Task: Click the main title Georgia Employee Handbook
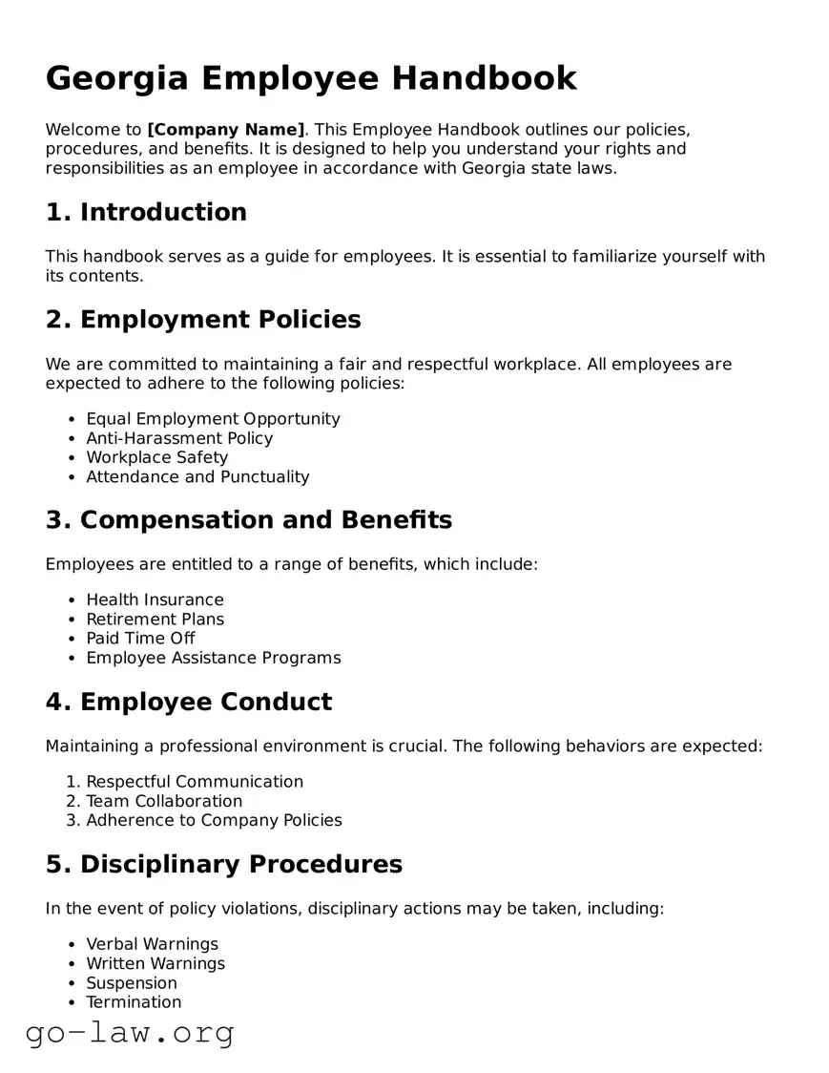(311, 78)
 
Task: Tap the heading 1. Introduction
(146, 212)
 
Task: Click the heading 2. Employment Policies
(203, 320)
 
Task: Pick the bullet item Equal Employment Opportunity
(213, 419)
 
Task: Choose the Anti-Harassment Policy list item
(179, 438)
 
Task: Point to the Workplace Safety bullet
(157, 457)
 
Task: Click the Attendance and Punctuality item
(197, 476)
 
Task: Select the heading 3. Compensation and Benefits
(249, 520)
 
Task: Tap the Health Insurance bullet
(155, 600)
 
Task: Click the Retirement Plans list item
(155, 619)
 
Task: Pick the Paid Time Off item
(140, 638)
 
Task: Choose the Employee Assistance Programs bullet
(213, 658)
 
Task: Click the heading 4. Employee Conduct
(189, 703)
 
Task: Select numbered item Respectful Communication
(195, 782)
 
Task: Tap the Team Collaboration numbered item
(164, 801)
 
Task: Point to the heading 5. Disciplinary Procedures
(224, 865)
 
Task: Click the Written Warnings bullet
(155, 963)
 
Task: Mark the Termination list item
(134, 1001)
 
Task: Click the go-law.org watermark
(130, 1033)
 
